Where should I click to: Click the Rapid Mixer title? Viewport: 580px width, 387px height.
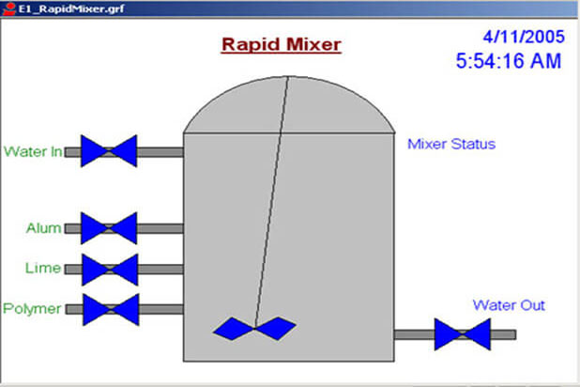[x=282, y=45]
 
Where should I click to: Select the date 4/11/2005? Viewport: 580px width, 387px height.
[x=524, y=37]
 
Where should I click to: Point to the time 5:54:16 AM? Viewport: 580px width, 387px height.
[x=509, y=61]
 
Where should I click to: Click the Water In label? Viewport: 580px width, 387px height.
[x=33, y=151]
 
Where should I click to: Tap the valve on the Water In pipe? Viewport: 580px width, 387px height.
[x=109, y=150]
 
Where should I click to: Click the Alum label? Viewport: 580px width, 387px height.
[x=44, y=227]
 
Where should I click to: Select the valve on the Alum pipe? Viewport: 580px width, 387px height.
[x=109, y=228]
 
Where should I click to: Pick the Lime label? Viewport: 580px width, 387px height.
[x=43, y=268]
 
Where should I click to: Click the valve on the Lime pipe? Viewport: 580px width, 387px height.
[x=110, y=270]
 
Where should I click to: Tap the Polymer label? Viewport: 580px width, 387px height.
[x=32, y=309]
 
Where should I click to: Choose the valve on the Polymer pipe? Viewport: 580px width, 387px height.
[x=111, y=310]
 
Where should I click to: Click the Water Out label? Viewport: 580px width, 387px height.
[x=509, y=305]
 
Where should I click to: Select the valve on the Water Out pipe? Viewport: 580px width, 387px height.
[x=463, y=334]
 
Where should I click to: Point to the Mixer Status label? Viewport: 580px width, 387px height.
[x=451, y=144]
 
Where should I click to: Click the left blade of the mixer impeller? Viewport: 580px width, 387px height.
[x=234, y=329]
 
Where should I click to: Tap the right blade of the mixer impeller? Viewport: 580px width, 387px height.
[x=276, y=328]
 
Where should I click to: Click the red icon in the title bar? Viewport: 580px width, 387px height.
[x=8, y=8]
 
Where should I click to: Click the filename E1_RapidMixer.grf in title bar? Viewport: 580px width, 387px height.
[x=71, y=8]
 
